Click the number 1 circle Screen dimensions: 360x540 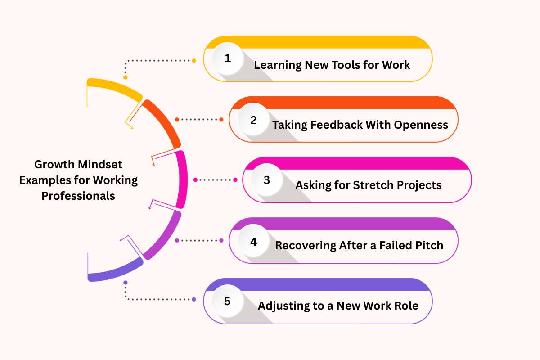[x=228, y=59]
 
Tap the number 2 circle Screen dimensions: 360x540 [x=253, y=120]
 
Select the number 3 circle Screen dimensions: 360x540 [x=267, y=180]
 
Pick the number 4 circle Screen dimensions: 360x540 [x=253, y=241]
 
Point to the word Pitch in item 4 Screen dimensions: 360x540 [x=428, y=245]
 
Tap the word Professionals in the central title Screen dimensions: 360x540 [x=78, y=196]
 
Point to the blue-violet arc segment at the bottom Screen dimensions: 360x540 [x=115, y=271]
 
